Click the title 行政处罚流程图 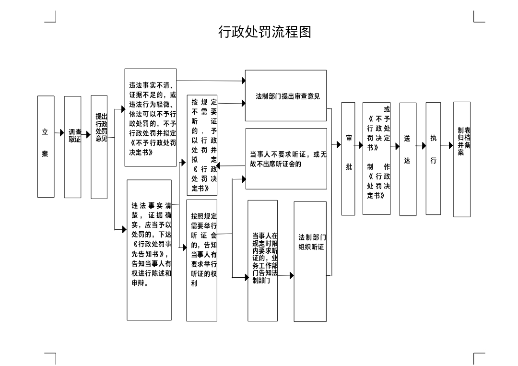coord(265,32)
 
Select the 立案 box coord(46,146)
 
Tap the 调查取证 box coord(73,147)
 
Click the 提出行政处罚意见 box coord(99,147)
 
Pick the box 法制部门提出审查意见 coord(286,95)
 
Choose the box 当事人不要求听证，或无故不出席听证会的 coord(286,159)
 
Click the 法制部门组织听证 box coord(310,261)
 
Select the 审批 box coord(348,159)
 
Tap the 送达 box coord(408,159)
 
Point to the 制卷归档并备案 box coord(462,159)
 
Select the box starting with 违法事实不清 coord(151,118)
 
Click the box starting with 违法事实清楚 coord(149,250)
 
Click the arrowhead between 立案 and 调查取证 coord(62,133)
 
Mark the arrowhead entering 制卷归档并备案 coord(451,145)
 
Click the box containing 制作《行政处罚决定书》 coord(377,158)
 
